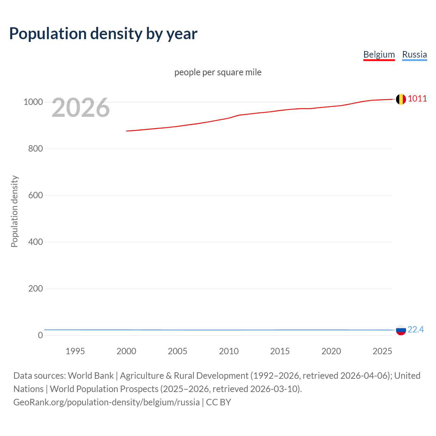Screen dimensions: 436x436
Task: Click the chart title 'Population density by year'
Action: (x=103, y=34)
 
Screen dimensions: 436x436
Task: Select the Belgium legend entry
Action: (x=379, y=54)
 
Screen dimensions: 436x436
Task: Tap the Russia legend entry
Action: (x=414, y=54)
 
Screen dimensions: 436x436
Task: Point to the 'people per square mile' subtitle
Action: (x=218, y=72)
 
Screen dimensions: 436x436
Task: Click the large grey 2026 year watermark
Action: (x=81, y=108)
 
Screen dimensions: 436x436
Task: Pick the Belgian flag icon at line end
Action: (x=401, y=99)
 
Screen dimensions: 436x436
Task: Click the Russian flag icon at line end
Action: (x=401, y=330)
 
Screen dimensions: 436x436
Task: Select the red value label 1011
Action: (x=417, y=99)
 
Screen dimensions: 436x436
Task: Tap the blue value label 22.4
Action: (x=416, y=329)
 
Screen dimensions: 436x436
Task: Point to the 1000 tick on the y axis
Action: (x=33, y=102)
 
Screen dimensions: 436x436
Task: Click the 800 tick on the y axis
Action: (x=35, y=149)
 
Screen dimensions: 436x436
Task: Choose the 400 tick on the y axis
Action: (x=35, y=242)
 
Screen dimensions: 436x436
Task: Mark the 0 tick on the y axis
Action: (x=41, y=335)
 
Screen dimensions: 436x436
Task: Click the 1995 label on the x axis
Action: (x=75, y=351)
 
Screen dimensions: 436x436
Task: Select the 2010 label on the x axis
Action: (x=229, y=351)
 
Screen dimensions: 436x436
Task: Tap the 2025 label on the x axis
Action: (x=382, y=351)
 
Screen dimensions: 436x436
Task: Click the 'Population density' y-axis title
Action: (x=14, y=211)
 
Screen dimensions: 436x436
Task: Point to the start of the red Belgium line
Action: (x=127, y=131)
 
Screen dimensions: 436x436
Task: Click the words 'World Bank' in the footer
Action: (x=91, y=376)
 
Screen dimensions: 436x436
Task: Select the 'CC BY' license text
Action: (x=218, y=402)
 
